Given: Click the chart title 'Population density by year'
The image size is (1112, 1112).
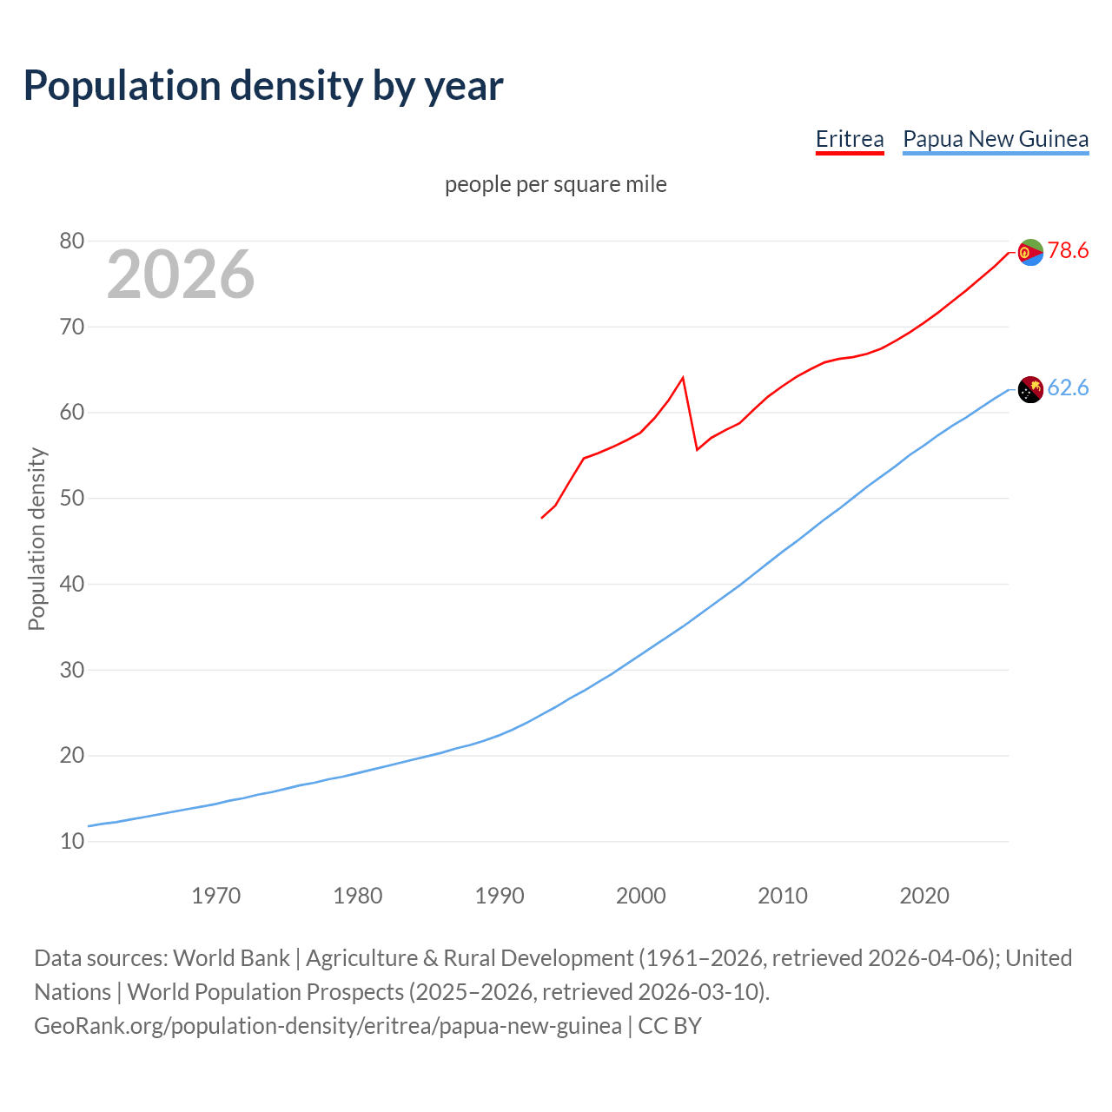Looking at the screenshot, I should click(263, 86).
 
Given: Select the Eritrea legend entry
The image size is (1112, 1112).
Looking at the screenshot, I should click(849, 139).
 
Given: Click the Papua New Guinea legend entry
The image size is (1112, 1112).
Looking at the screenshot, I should click(996, 139).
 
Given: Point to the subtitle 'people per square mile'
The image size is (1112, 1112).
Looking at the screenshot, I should click(555, 184).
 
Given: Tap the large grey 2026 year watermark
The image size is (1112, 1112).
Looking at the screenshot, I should click(181, 275).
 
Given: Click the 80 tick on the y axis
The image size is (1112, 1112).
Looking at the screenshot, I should click(72, 242).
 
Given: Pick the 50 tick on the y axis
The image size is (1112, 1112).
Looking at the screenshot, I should click(72, 499).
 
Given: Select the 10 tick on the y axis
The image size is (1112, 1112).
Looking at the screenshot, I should click(72, 842).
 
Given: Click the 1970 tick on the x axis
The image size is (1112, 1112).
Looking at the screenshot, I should click(215, 896).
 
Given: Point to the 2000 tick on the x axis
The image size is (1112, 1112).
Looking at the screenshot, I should click(640, 896).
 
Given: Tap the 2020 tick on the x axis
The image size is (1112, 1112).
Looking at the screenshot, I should click(923, 896).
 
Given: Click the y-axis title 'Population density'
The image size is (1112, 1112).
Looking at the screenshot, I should click(36, 539).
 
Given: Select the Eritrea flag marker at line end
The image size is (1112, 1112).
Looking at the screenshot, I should click(1030, 252).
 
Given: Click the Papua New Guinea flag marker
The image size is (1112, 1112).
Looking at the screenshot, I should click(1030, 390).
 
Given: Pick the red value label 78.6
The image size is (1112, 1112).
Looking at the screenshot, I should click(1068, 251).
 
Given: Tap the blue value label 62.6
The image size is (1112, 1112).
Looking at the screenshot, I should click(1068, 388).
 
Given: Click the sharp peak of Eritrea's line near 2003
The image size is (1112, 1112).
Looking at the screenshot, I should click(683, 377).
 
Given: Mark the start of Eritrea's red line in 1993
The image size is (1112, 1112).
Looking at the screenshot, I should click(542, 518).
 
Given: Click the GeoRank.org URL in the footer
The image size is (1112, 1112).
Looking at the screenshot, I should click(328, 1026).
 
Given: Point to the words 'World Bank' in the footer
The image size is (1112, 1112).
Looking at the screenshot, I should click(231, 958).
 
